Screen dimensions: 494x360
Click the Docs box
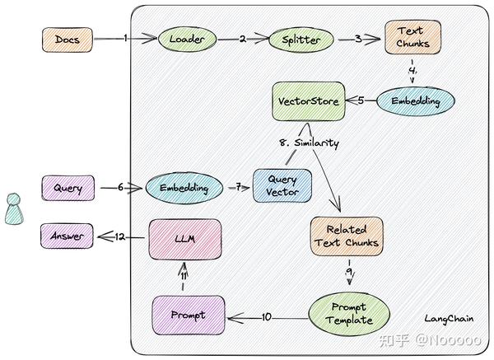68,40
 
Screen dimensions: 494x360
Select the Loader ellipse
187,40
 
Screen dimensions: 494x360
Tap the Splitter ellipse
301,40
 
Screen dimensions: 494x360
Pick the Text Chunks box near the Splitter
412,37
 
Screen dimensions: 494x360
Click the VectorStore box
309,101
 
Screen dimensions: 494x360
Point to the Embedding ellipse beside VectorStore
416,101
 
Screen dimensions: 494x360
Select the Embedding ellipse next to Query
184,188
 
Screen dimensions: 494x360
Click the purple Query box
68,188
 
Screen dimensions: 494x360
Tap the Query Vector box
282,185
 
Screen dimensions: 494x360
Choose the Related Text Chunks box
347,236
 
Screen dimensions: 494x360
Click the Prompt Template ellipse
349,314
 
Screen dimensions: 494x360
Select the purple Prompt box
189,315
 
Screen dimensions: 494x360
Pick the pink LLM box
185,239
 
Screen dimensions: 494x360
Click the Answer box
67,236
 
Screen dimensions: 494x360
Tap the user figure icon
14,208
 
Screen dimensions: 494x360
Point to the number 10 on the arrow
267,317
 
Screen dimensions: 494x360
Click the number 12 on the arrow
120,236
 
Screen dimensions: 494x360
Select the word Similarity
317,143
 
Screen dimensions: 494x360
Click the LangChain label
449,319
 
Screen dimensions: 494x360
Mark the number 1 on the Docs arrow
125,38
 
